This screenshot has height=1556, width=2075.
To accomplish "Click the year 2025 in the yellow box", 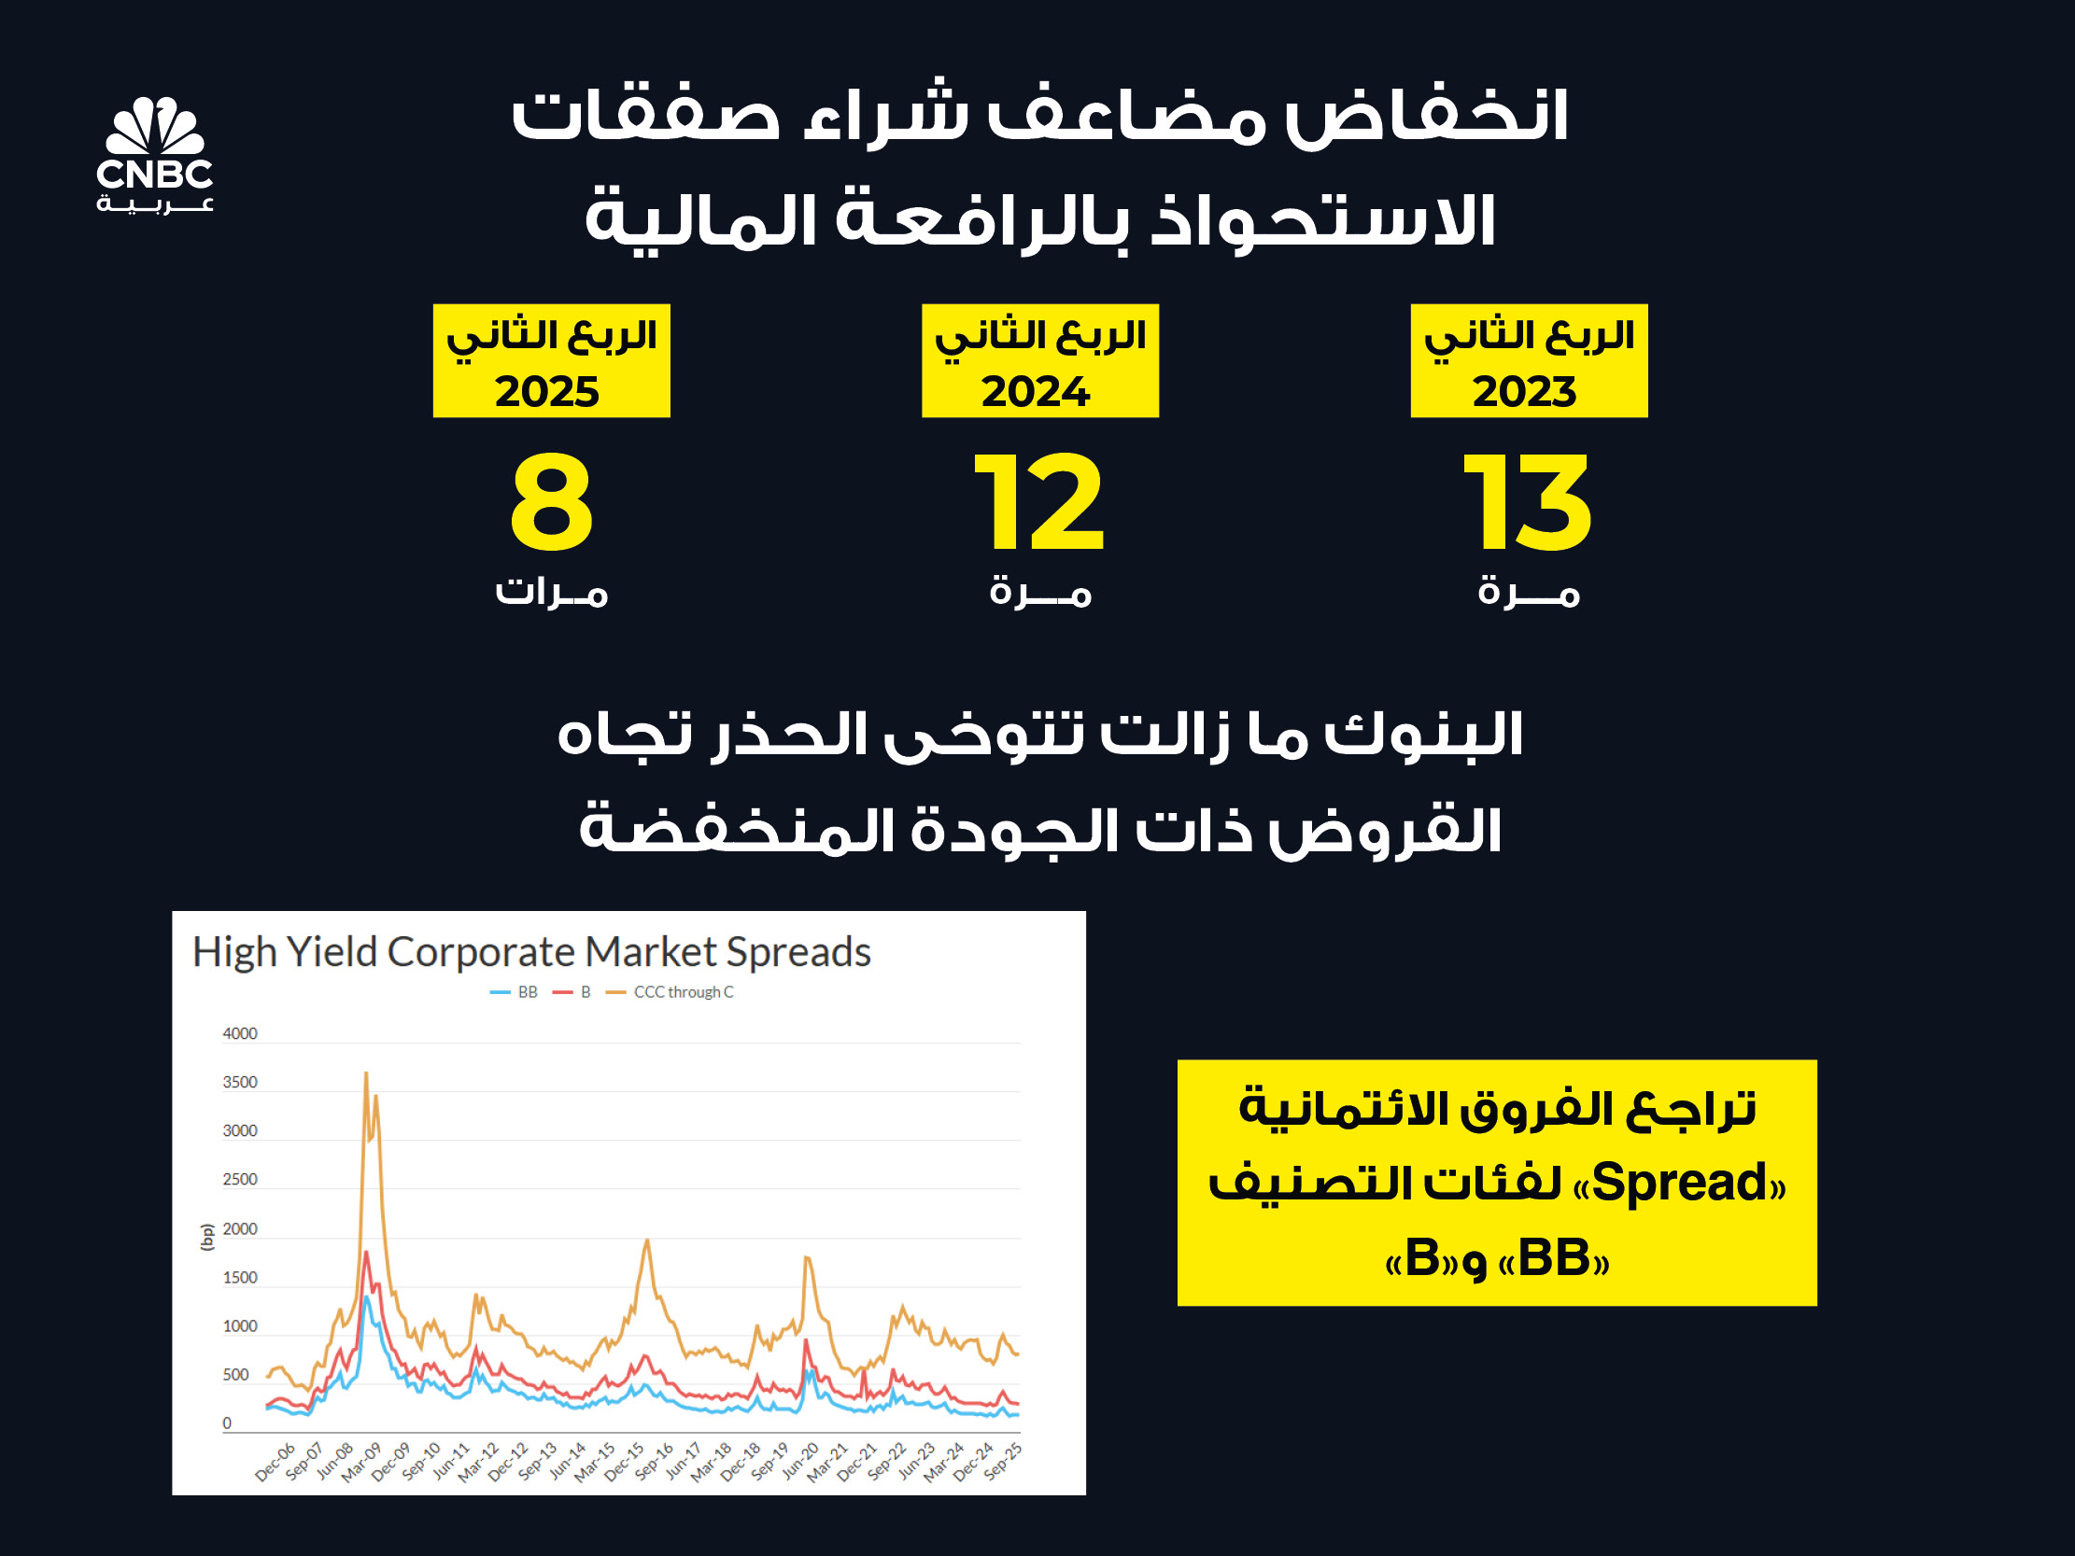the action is (x=547, y=391).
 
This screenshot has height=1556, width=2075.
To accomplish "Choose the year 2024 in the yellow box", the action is (x=1036, y=391).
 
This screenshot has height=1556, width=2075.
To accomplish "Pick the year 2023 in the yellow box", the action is (x=1524, y=391).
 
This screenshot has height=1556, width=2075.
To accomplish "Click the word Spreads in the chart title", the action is (x=798, y=953).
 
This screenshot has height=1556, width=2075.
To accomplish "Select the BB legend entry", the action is (x=514, y=992).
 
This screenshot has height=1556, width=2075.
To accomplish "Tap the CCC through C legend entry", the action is (x=670, y=992).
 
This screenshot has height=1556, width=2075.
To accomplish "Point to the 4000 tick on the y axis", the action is (x=239, y=1033).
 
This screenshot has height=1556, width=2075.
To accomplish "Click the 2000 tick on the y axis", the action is (x=239, y=1228).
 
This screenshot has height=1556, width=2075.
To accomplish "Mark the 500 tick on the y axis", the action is (x=235, y=1375).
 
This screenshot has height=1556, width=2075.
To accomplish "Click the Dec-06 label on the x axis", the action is (x=275, y=1463).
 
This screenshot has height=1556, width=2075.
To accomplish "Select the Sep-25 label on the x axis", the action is (x=1003, y=1463).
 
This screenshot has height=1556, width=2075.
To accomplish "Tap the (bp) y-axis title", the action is (x=207, y=1237).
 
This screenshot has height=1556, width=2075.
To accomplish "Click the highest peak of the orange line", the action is (x=366, y=1072).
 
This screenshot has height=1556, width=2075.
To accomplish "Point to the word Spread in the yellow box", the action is (x=1679, y=1183).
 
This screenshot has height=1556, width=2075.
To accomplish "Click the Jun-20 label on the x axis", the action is (x=800, y=1463).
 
